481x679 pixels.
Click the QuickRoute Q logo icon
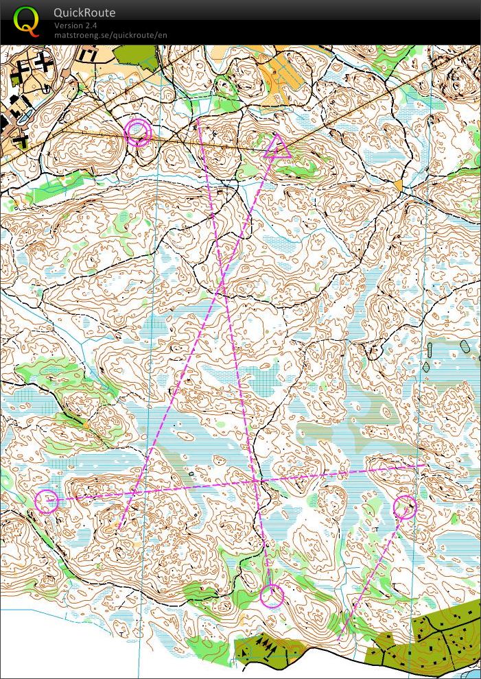[x=27, y=21]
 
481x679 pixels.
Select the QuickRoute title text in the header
[x=84, y=12]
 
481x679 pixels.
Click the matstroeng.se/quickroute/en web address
[x=110, y=34]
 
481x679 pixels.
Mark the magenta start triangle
[x=277, y=147]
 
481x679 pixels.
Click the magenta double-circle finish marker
[x=138, y=132]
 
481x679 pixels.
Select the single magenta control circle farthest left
[x=47, y=501]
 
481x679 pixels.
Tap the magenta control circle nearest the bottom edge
[x=272, y=595]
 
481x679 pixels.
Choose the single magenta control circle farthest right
[x=406, y=507]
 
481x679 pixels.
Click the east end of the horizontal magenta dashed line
[x=424, y=466]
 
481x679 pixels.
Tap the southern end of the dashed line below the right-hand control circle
[x=341, y=638]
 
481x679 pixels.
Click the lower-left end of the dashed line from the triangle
[x=119, y=529]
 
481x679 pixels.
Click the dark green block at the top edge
[x=135, y=55]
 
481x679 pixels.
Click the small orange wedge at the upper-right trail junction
[x=399, y=185]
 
